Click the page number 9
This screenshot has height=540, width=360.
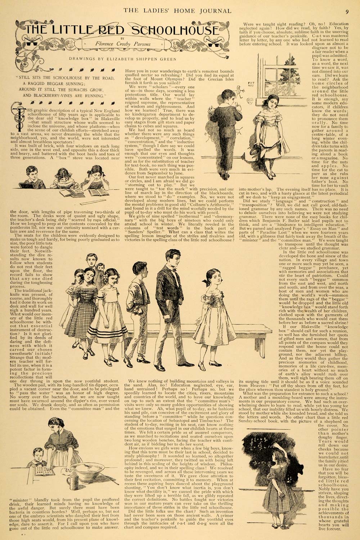point(346,10)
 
